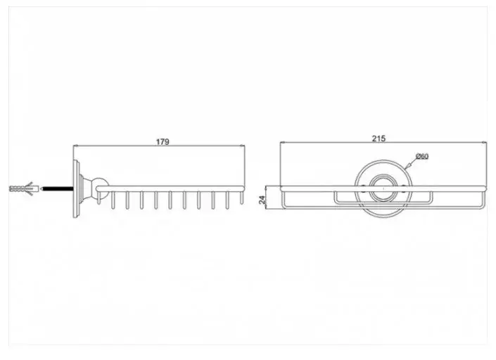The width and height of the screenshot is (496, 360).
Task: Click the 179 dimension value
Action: (163, 142)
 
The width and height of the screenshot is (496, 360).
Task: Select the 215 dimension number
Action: (379, 139)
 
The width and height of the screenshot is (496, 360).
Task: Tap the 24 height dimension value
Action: (262, 200)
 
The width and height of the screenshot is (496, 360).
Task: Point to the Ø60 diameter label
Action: (422, 156)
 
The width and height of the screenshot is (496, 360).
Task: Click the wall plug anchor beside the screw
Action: (24, 189)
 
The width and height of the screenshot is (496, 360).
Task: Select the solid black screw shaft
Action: (58, 189)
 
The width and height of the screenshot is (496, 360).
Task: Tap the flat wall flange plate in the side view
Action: (76, 189)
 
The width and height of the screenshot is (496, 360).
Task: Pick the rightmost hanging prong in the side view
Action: (242, 198)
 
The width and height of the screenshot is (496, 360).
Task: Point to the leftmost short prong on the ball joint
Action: (98, 198)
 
